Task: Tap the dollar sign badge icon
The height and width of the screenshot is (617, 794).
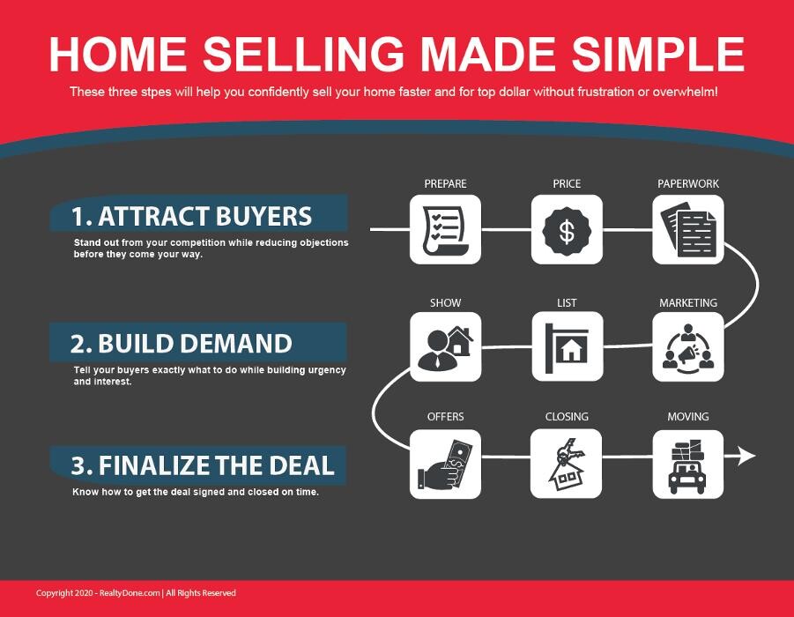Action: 567,229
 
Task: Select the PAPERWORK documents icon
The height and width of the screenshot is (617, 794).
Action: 688,229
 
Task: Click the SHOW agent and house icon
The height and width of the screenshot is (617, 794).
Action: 445,347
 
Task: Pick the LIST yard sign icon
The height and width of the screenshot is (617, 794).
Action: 568,347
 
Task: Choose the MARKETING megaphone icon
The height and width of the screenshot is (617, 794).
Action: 688,347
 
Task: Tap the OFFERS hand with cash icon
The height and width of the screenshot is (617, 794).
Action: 445,464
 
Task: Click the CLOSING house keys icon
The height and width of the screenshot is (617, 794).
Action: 566,464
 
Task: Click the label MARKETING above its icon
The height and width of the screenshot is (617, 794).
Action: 688,303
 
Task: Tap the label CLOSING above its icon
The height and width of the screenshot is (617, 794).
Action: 567,417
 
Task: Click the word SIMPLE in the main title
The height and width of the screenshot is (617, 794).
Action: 658,54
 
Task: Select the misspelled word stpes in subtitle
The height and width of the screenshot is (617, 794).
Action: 156,93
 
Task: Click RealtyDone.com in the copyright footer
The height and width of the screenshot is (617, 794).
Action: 130,593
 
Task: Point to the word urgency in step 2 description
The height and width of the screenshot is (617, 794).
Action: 328,370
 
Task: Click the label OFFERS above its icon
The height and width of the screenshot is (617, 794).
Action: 446,417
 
